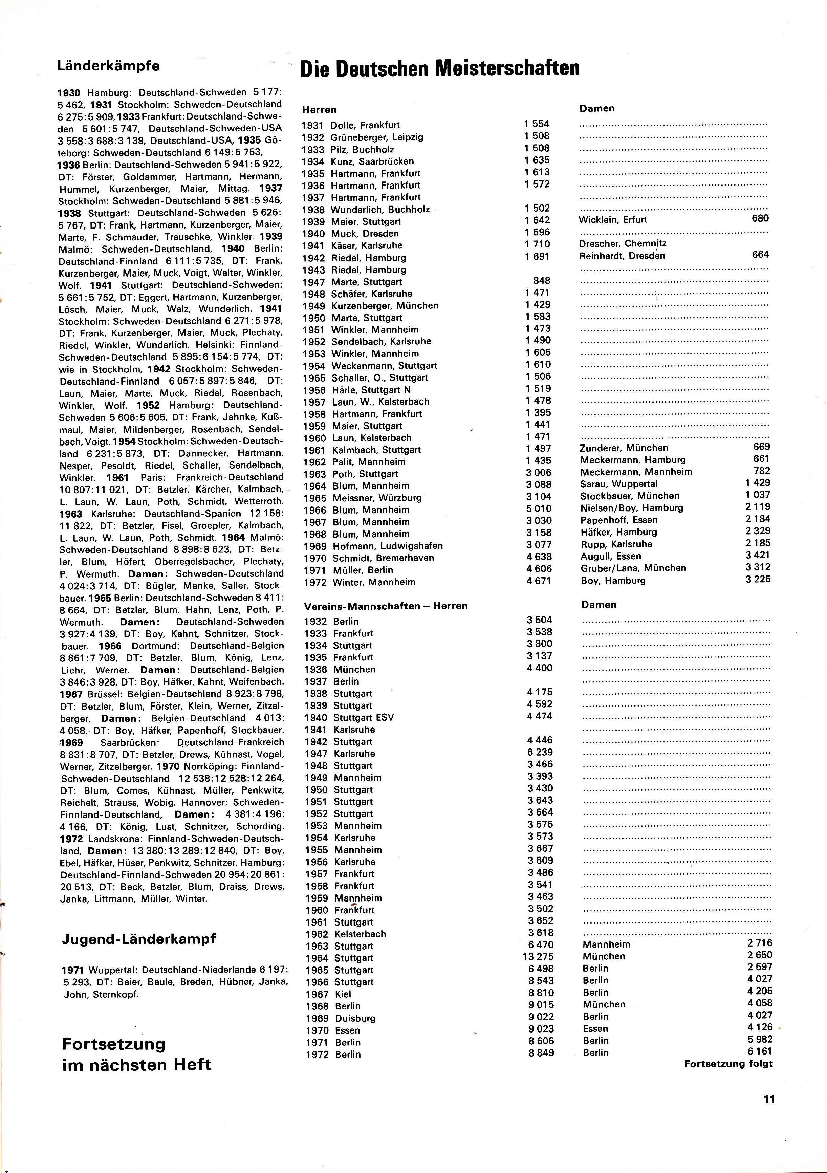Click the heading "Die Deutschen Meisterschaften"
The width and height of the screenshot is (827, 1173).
tap(440, 68)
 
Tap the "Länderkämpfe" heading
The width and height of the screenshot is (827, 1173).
tap(108, 66)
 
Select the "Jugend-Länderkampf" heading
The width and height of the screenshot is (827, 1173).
tap(138, 939)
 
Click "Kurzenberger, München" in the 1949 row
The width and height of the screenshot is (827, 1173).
tap(385, 305)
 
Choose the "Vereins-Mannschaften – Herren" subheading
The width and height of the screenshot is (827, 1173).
tap(386, 606)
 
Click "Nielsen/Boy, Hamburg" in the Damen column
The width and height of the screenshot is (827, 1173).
tap(631, 508)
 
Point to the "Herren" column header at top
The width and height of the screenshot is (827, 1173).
tap(319, 109)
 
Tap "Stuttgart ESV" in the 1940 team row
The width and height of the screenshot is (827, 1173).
tap(363, 717)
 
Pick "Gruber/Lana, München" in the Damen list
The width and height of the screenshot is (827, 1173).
tap(633, 568)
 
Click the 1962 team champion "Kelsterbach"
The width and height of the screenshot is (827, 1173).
tap(360, 934)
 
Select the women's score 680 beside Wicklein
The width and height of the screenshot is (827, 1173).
tap(760, 218)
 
